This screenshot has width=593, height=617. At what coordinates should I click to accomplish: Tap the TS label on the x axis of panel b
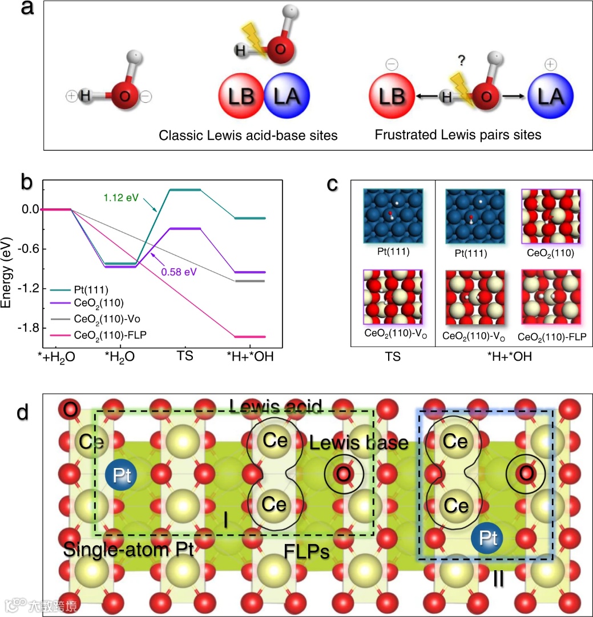[x=185, y=356]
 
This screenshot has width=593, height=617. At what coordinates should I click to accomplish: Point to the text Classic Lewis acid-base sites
[x=248, y=136]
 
